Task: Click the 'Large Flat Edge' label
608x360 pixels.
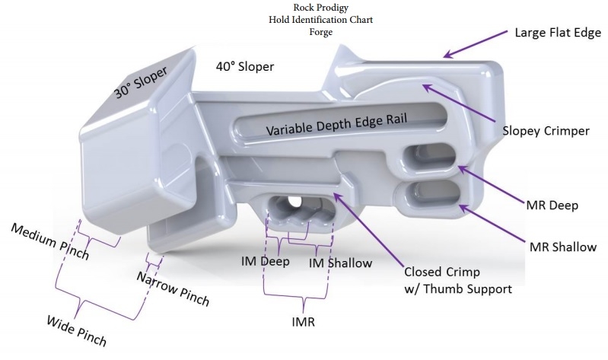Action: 559,33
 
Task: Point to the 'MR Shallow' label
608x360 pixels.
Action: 562,247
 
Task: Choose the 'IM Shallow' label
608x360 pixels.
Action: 339,263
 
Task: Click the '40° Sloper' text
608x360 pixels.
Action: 245,67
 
